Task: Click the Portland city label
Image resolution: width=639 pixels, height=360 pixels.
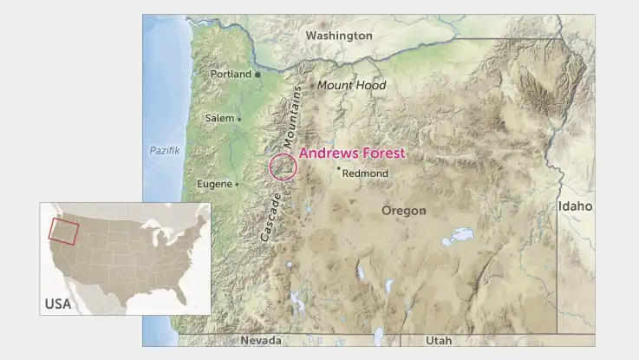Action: pos(231,75)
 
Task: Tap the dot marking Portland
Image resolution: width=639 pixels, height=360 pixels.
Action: pos(258,75)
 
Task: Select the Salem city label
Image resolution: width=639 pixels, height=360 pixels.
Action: pos(219,118)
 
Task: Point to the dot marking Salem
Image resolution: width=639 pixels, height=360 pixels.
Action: pos(239,119)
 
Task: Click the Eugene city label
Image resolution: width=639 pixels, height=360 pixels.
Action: pos(214,184)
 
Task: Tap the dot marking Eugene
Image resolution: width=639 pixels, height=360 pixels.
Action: pos(238,184)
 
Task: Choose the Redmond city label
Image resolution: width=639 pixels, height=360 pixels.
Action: pos(365,173)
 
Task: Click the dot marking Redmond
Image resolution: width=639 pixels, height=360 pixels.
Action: pos(339,168)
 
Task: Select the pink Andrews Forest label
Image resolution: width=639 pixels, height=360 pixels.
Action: pos(352,154)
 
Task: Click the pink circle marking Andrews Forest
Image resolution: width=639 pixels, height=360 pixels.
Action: pos(283,167)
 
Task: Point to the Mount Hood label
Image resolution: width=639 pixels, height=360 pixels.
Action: pos(351,86)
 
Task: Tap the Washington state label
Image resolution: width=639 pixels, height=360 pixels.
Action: pos(339,36)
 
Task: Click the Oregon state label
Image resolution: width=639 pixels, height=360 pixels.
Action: pos(404,211)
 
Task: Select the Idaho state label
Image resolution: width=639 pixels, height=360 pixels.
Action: pos(576,206)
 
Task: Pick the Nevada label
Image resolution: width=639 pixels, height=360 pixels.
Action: pos(262,341)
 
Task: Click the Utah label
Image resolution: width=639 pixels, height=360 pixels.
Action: pos(438,341)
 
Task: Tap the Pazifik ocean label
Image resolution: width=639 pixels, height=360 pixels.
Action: pos(164,151)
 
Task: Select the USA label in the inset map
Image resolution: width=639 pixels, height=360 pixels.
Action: pos(57,304)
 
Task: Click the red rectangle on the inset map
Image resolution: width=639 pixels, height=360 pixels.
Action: pos(63,231)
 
